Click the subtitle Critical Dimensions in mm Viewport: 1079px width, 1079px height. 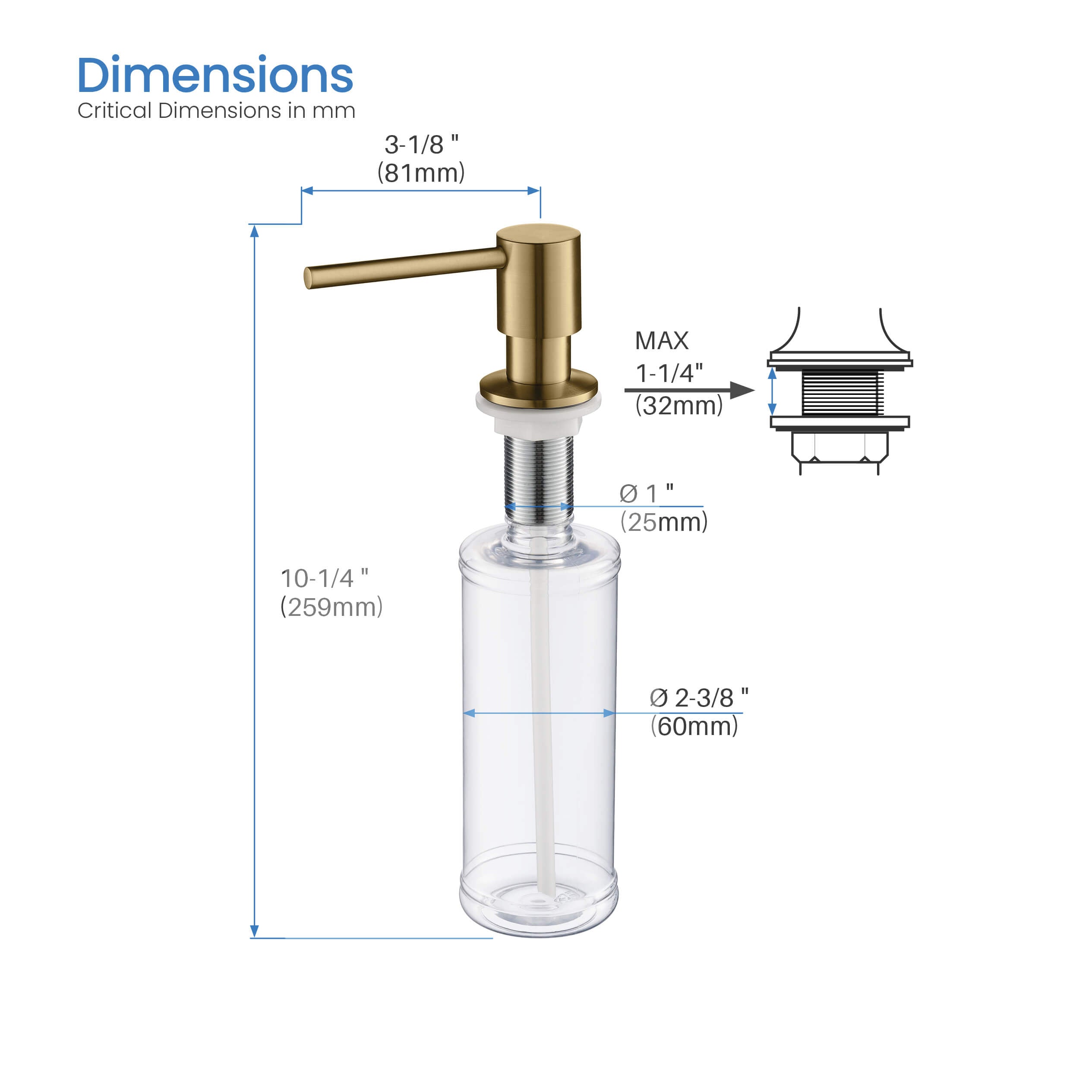click(x=216, y=110)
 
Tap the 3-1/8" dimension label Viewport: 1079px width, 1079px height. click(x=421, y=145)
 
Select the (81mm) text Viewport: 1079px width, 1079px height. click(x=421, y=173)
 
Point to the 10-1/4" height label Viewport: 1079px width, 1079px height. click(x=325, y=579)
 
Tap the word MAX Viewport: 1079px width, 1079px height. click(x=662, y=341)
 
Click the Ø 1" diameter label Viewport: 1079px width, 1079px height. click(x=647, y=493)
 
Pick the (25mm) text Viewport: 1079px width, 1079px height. click(x=663, y=523)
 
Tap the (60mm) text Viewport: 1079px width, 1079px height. click(x=694, y=726)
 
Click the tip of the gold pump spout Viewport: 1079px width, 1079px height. click(x=308, y=278)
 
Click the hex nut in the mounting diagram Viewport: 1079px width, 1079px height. click(x=839, y=448)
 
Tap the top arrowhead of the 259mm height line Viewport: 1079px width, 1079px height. click(x=254, y=230)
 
